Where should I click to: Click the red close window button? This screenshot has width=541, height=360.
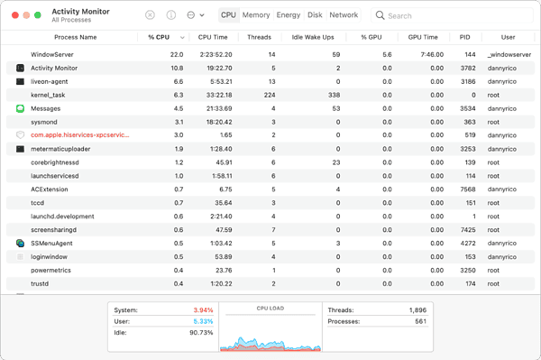(14, 15)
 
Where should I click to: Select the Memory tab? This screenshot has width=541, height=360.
(256, 15)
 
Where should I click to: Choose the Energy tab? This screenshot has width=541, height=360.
(289, 15)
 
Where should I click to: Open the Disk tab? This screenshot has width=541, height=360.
(315, 15)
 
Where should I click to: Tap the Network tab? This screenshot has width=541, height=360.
(344, 15)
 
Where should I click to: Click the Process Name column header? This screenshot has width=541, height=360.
(75, 38)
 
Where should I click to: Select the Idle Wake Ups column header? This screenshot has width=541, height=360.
(314, 38)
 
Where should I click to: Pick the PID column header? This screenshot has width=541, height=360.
(464, 38)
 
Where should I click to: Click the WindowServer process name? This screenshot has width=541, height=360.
(51, 55)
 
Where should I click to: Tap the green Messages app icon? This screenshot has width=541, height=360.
(20, 108)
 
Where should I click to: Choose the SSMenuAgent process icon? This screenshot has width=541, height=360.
(20, 244)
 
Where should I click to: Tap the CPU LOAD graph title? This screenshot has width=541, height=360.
(270, 309)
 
